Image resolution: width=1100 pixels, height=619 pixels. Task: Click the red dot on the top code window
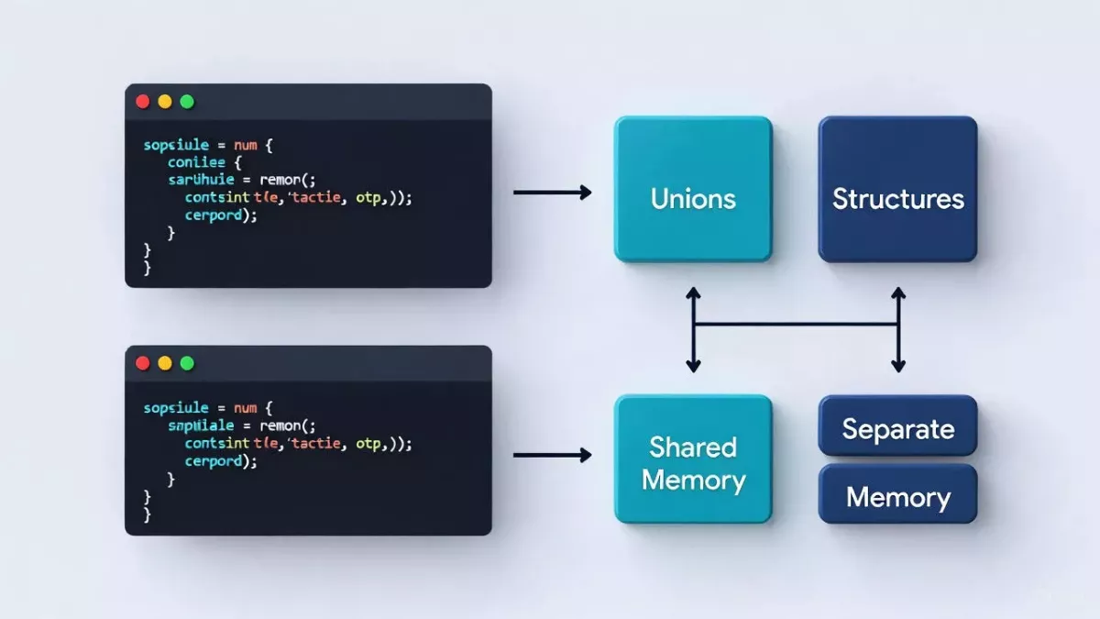(x=142, y=102)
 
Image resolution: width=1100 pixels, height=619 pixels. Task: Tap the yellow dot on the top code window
(x=165, y=102)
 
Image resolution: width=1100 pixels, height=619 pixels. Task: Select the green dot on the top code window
(x=187, y=102)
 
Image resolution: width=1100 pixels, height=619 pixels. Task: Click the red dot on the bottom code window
(x=142, y=363)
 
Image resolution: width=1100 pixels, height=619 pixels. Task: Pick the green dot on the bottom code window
(x=187, y=363)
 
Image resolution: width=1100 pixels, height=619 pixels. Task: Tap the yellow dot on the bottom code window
(x=165, y=363)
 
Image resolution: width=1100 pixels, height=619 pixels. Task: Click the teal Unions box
(x=693, y=189)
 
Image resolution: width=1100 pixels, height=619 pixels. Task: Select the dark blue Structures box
(x=897, y=189)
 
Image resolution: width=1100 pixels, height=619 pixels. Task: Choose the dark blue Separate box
(x=897, y=428)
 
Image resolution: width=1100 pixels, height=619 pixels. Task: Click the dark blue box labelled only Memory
(x=897, y=497)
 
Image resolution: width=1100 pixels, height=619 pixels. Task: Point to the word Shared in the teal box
(x=693, y=447)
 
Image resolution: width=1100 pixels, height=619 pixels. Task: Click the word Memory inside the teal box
(x=693, y=480)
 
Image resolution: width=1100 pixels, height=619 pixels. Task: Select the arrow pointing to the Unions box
(x=552, y=193)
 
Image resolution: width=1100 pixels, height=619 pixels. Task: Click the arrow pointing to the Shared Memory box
(x=552, y=455)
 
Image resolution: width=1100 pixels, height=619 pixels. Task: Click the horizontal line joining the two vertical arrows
(x=796, y=324)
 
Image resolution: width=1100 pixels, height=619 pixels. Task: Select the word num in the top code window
(x=246, y=145)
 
